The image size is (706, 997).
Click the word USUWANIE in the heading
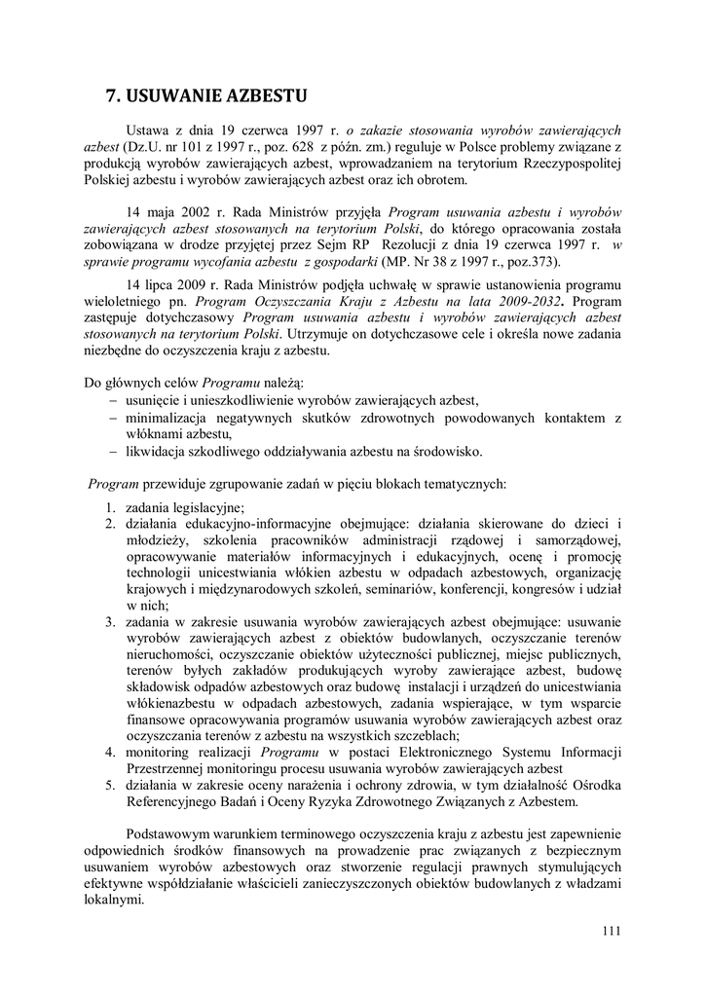click(175, 94)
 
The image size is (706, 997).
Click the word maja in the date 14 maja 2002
click(162, 211)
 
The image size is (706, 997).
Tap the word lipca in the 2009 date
click(163, 282)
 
